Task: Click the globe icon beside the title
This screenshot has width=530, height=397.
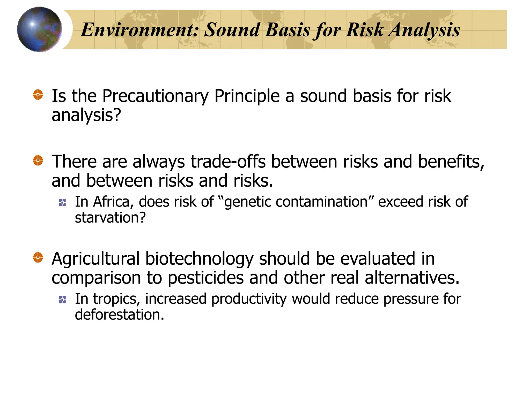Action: click(x=39, y=29)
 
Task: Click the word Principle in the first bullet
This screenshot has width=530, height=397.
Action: click(x=247, y=96)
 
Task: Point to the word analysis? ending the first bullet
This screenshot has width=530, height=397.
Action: click(x=86, y=115)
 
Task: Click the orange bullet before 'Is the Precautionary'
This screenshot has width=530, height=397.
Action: click(x=38, y=95)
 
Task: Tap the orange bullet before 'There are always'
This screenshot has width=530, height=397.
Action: click(x=38, y=161)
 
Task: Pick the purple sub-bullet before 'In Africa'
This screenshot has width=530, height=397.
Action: click(x=62, y=203)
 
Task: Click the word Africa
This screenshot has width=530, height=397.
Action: click(x=113, y=202)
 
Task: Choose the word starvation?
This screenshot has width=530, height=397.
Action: click(x=110, y=218)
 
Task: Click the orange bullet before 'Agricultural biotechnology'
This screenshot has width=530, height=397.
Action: click(x=38, y=257)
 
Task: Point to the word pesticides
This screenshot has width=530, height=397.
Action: click(x=206, y=278)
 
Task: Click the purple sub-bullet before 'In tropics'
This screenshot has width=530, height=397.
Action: click(x=62, y=300)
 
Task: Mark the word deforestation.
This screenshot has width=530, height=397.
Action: click(x=119, y=315)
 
